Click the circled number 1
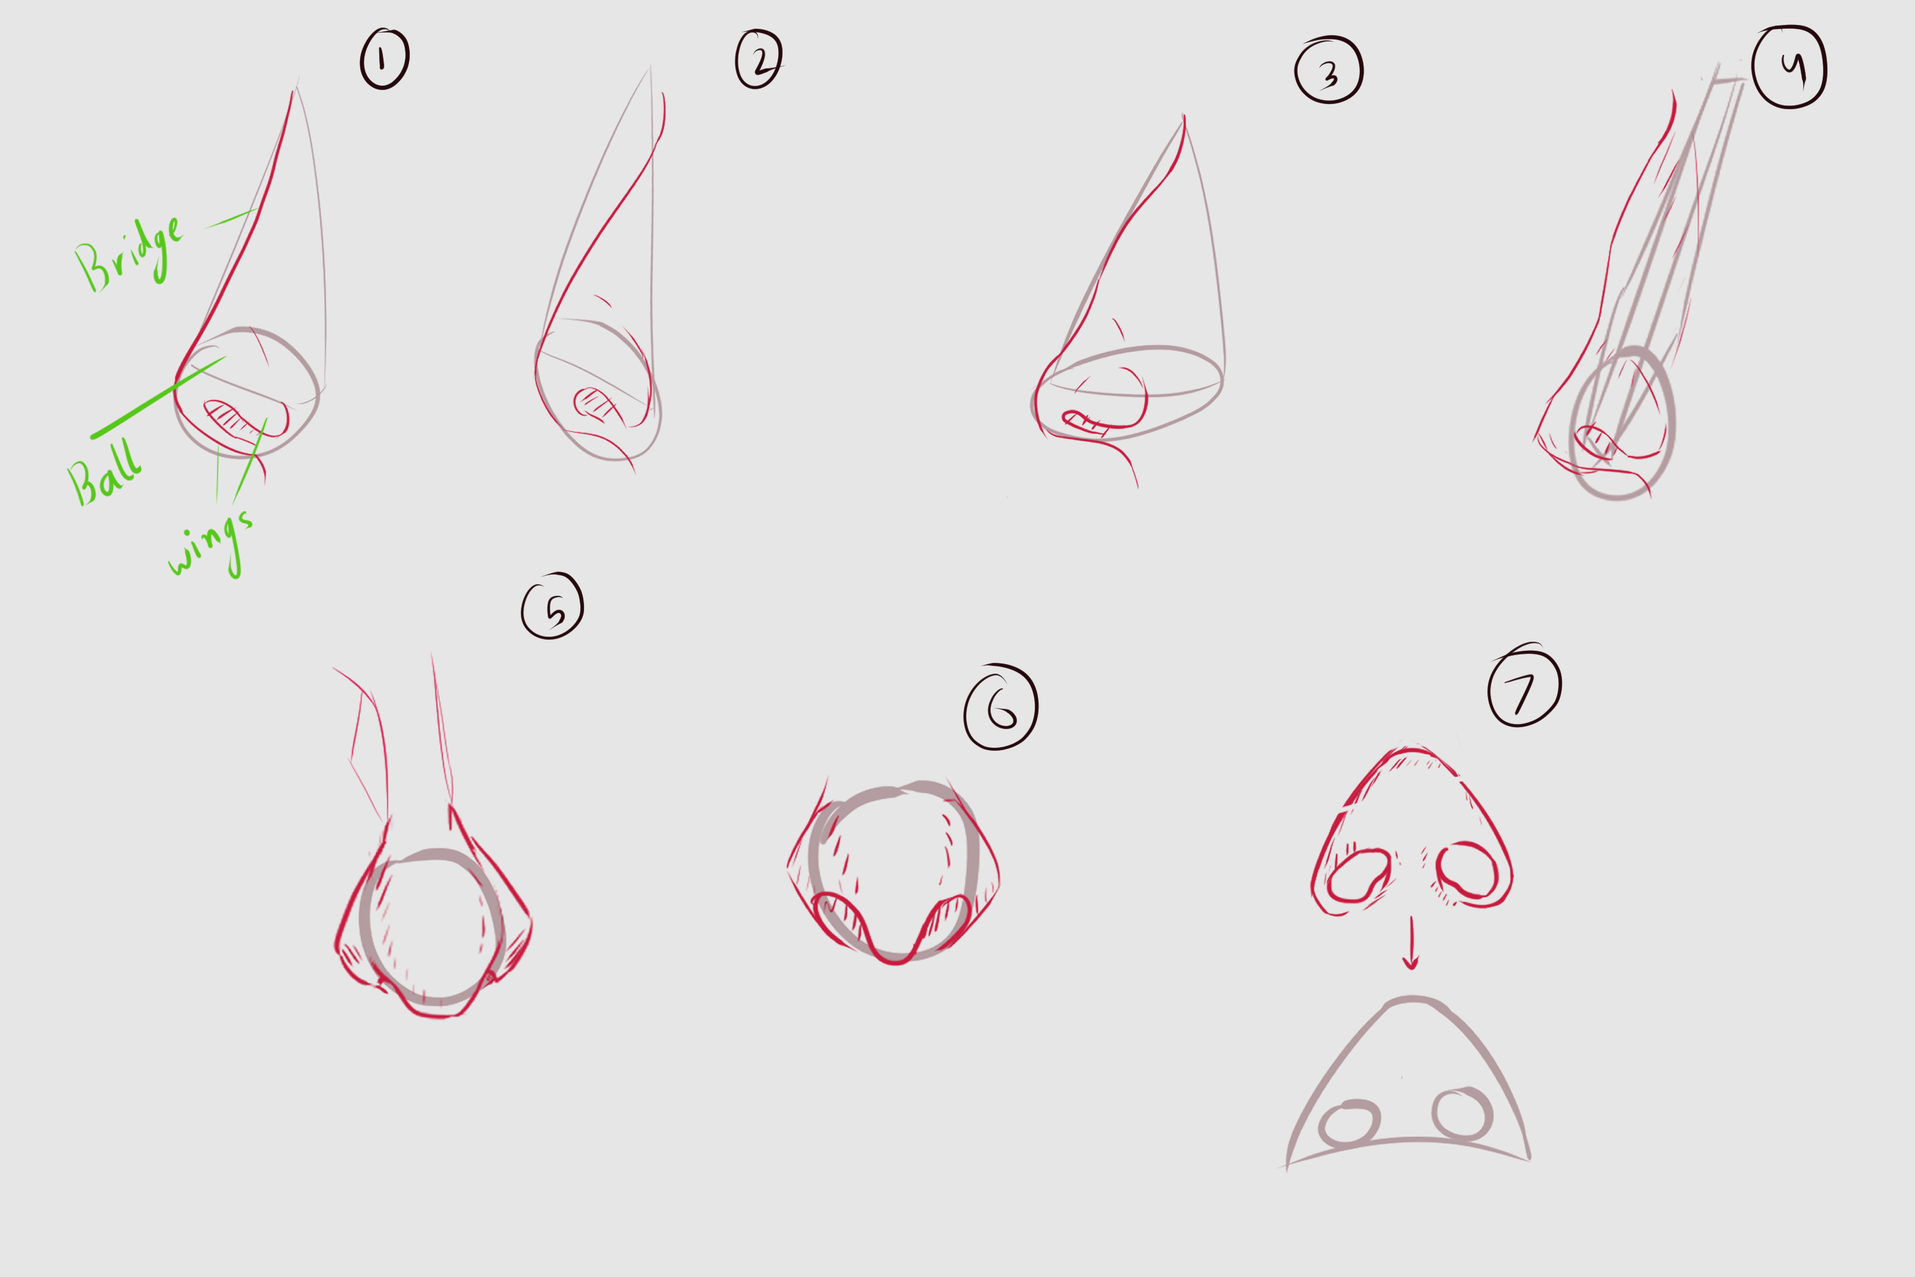(x=384, y=59)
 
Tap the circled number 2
(x=759, y=59)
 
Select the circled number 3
(x=1329, y=71)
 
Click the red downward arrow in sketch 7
(x=1411, y=942)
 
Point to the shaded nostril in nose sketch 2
(x=594, y=403)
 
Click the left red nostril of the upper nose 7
(x=1358, y=875)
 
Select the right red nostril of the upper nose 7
(x=1467, y=872)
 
